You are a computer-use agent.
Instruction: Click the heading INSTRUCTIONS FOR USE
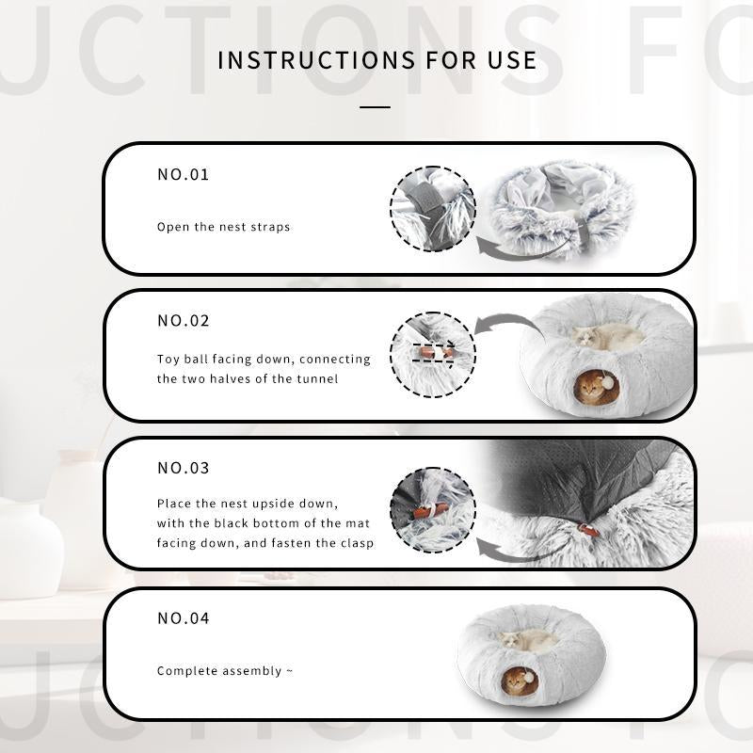377,60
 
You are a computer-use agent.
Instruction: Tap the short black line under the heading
375,107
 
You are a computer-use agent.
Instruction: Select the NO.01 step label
184,174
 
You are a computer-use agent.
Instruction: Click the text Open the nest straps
223,227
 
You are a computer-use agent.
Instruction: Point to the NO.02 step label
184,321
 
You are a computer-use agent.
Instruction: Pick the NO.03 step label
184,468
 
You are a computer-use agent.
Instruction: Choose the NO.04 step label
184,618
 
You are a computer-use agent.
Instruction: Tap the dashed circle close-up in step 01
433,209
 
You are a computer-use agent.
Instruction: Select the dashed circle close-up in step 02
433,356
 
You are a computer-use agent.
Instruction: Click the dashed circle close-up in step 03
433,510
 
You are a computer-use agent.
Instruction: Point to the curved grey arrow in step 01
523,253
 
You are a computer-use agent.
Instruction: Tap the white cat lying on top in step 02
605,336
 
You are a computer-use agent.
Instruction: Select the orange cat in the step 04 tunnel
516,681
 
